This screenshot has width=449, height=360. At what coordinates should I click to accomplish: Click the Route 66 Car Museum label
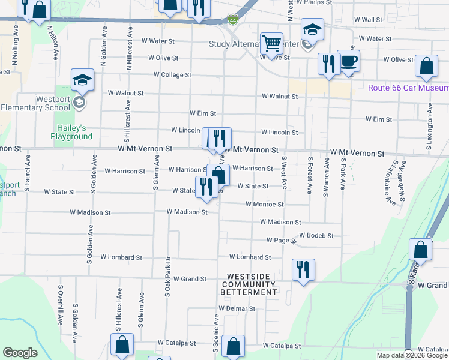coord(408,88)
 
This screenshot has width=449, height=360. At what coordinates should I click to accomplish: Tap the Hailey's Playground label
coord(76,132)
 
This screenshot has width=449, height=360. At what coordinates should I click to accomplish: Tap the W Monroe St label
coord(264,204)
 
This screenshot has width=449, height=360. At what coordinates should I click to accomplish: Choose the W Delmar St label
coord(237,308)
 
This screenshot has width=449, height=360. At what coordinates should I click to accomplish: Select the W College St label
coord(172,75)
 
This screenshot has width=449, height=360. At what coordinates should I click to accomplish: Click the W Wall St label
coord(368,20)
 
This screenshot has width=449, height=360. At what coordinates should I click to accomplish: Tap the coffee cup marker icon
coord(348,60)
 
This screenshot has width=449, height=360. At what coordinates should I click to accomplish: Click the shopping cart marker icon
coord(272,43)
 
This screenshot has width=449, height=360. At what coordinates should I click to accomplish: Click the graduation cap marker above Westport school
coord(82,80)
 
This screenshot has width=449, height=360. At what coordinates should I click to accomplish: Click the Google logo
coord(20,353)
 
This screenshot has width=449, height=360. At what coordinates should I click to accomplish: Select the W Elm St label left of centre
coord(202,113)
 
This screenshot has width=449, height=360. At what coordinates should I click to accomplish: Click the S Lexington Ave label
coord(430,132)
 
